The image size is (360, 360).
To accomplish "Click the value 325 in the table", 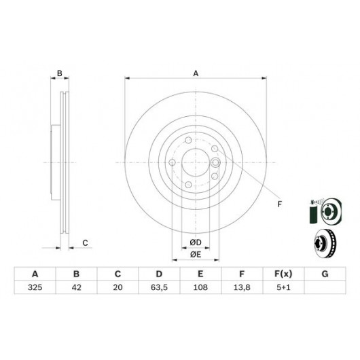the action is click(35, 287).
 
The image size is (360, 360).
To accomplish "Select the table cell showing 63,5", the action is click(159, 287).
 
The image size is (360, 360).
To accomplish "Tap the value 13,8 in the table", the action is click(242, 287).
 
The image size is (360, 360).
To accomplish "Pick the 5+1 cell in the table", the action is click(283, 287).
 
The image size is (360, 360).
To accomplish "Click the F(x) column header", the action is click(283, 274).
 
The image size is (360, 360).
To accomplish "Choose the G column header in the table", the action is click(325, 274).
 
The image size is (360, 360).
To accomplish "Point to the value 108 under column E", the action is click(200, 287).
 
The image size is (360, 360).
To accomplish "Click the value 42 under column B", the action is click(77, 287).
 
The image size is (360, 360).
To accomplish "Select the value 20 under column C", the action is click(118, 287).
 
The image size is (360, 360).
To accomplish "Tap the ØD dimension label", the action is click(196, 242).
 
